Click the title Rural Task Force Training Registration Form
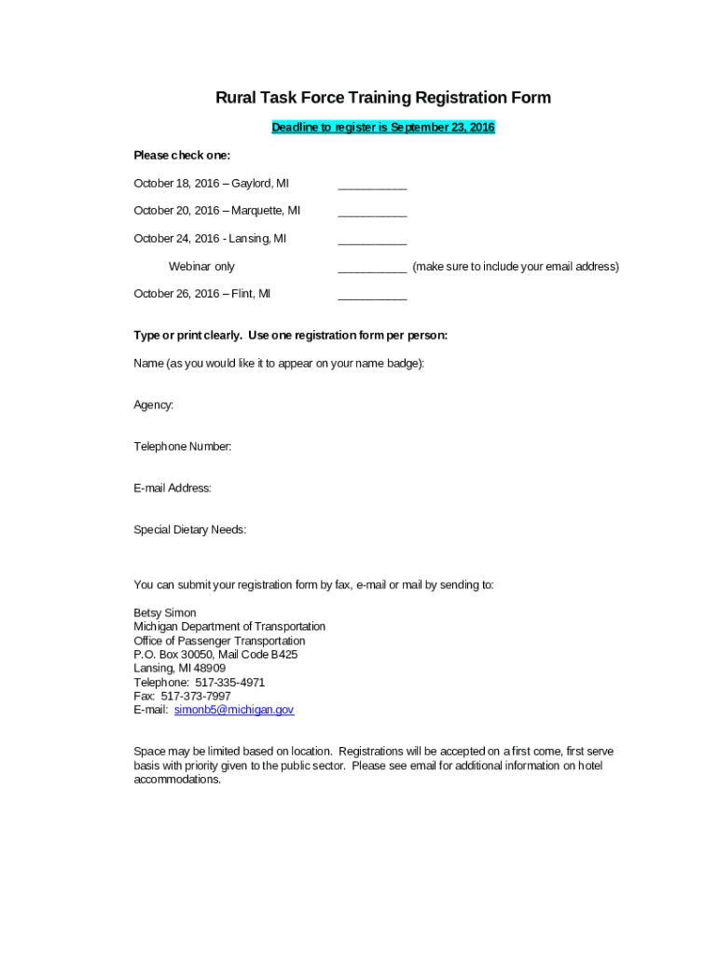pos(383,98)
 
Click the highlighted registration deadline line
pos(383,128)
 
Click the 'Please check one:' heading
pos(182,156)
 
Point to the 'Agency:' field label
pos(154,405)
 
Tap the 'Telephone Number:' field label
pos(183,447)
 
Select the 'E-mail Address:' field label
pos(173,488)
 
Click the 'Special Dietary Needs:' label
pos(190,530)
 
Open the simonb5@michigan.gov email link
pos(234,710)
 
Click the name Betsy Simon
pos(165,613)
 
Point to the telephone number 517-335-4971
pos(229,683)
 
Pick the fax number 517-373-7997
pos(196,697)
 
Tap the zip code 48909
pos(210,669)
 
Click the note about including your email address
pos(516,267)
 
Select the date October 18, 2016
pos(176,184)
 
